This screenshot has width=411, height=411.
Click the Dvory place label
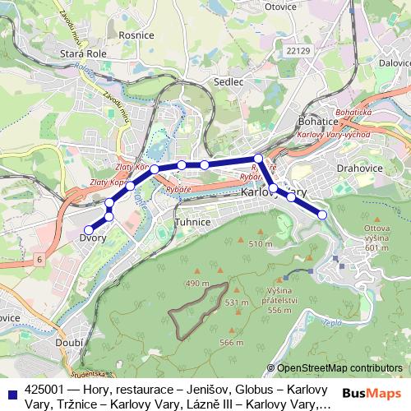(x=92, y=238)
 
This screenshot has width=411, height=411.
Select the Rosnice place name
(x=136, y=35)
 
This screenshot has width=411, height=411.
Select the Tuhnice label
(x=194, y=223)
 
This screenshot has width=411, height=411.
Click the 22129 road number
(x=301, y=52)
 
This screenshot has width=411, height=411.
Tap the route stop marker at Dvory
(x=89, y=229)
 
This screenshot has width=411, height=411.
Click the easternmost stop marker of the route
(x=322, y=215)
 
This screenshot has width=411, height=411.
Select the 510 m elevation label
(x=260, y=244)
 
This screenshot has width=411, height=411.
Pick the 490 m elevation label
(x=197, y=283)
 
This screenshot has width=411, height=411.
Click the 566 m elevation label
(x=232, y=342)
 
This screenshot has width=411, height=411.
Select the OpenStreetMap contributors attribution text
(x=339, y=367)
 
